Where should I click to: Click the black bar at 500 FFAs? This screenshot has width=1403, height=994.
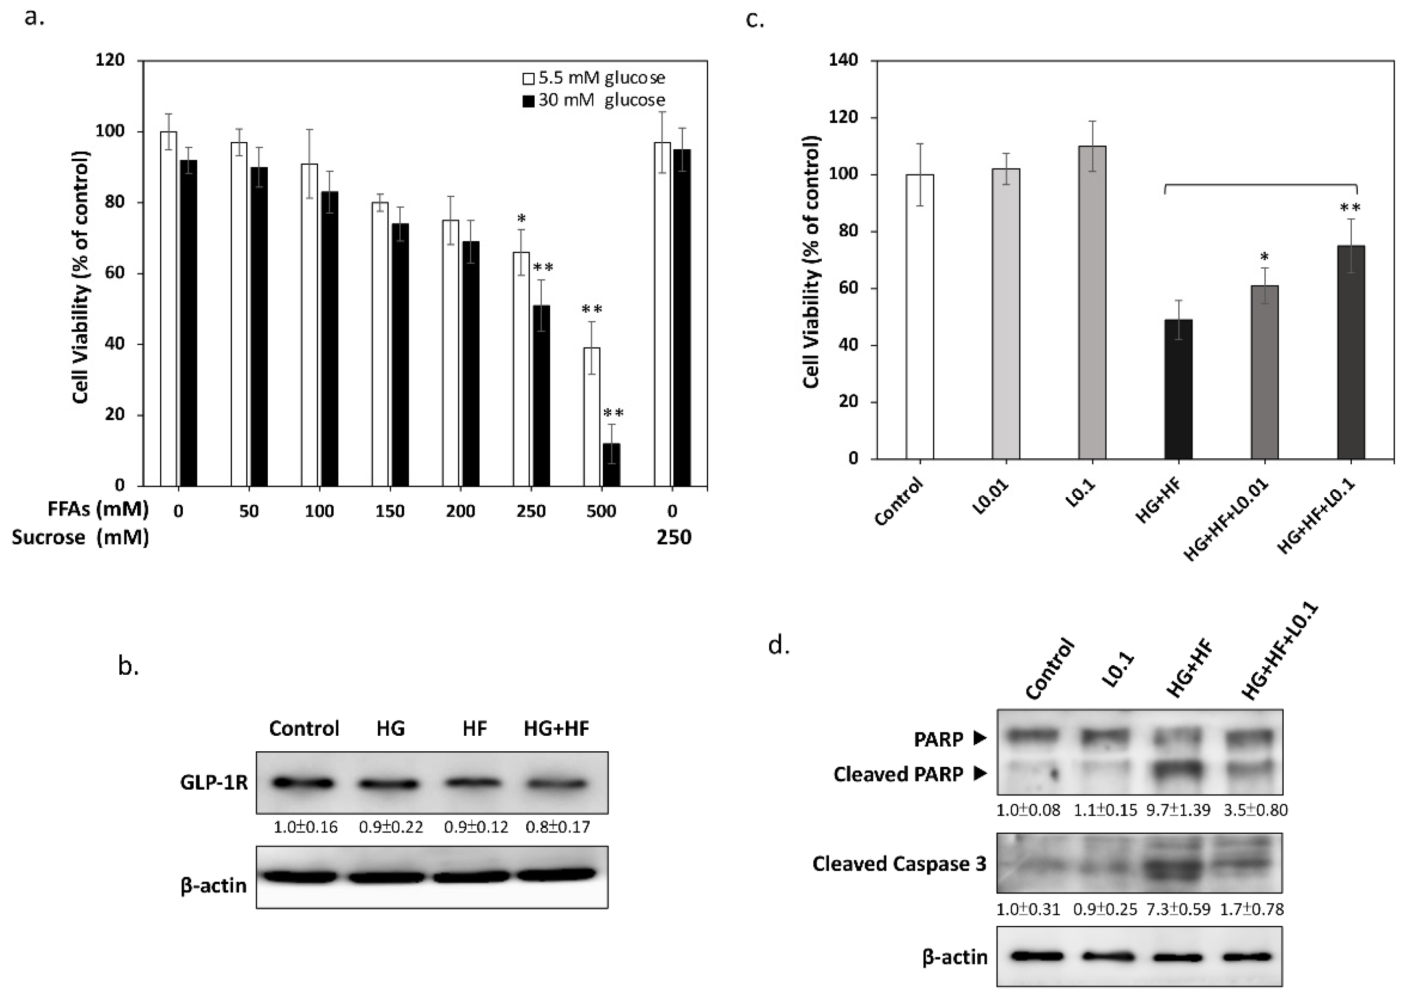click(x=611, y=464)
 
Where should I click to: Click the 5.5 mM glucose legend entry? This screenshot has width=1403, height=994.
click(x=593, y=78)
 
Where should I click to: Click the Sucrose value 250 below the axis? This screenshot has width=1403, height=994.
click(x=674, y=538)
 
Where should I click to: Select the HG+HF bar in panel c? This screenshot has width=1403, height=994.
click(x=1177, y=389)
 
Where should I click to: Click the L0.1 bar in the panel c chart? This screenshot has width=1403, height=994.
click(x=1092, y=302)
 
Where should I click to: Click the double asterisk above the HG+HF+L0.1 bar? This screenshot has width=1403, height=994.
click(x=1350, y=208)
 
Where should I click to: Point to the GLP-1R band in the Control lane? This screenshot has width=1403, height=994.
click(x=303, y=783)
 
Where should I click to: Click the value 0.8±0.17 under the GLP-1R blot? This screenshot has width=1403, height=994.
click(x=557, y=827)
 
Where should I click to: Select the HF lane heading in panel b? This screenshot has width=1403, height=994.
click(x=475, y=728)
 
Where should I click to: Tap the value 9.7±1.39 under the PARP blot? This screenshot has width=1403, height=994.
click(x=1177, y=810)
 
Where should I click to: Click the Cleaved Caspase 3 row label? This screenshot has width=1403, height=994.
click(x=899, y=863)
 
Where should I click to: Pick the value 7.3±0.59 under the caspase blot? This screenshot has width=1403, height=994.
click(x=1177, y=909)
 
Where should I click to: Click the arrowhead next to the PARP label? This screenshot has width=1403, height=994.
click(x=980, y=739)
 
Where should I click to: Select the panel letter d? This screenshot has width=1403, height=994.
click(x=779, y=645)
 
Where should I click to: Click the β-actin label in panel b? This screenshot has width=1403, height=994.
click(x=214, y=885)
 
